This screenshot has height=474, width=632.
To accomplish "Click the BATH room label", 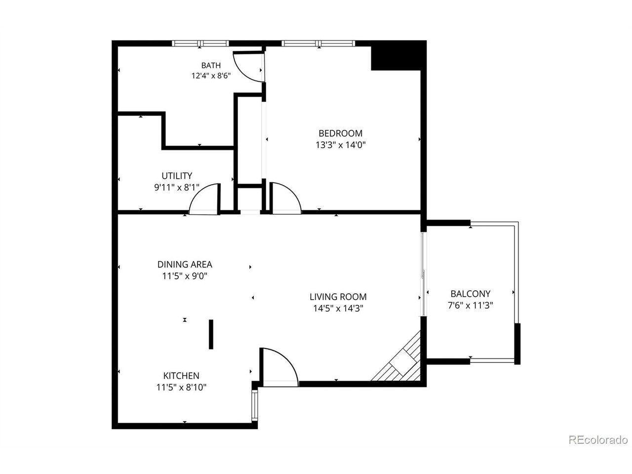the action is pyautogui.click(x=211, y=66).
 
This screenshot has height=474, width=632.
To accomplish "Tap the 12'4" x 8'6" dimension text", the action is pyautogui.click(x=211, y=76).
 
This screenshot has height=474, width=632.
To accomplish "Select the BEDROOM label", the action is pyautogui.click(x=340, y=133).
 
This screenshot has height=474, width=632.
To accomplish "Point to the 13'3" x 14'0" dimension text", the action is pyautogui.click(x=340, y=145).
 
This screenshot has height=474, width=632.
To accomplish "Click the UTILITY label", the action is pyautogui.click(x=177, y=176).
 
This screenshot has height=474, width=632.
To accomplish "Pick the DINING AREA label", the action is pyautogui.click(x=185, y=264).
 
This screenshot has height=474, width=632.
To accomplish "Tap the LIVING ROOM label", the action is pyautogui.click(x=338, y=297).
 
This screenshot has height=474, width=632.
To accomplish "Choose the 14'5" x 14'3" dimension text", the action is pyautogui.click(x=338, y=309).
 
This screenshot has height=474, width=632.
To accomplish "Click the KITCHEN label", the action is pyautogui.click(x=181, y=376).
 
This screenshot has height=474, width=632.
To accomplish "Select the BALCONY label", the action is pyautogui.click(x=470, y=294).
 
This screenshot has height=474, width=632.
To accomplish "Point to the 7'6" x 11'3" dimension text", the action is pyautogui.click(x=470, y=305).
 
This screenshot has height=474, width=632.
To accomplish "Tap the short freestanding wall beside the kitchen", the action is pyautogui.click(x=211, y=334).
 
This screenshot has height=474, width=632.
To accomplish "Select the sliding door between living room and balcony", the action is pyautogui.click(x=423, y=274).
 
